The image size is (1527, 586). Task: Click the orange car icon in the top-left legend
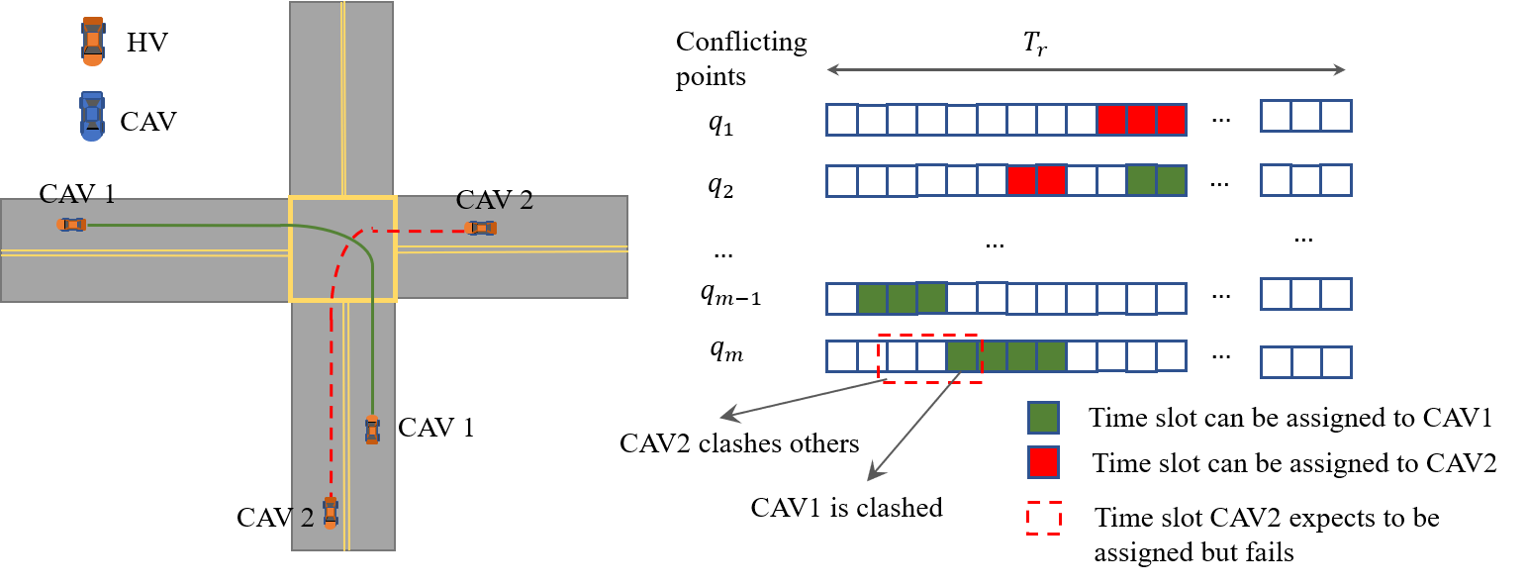click(92, 42)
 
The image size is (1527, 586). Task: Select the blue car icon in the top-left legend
click(92, 116)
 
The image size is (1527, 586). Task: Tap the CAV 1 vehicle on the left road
click(72, 225)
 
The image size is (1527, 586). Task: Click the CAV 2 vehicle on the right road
click(481, 229)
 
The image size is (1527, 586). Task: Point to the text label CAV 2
click(494, 201)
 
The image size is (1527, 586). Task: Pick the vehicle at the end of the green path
click(372, 430)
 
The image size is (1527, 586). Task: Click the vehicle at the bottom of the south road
click(331, 512)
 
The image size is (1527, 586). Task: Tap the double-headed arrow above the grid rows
click(1086, 69)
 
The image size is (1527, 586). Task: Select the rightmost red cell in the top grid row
click(1171, 120)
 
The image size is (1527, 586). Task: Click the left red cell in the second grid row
click(1021, 180)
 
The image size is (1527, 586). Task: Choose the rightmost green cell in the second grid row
click(1171, 180)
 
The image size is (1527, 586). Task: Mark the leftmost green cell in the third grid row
click(872, 298)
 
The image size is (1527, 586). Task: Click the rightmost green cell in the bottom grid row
click(1051, 356)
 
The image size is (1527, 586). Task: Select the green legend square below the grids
click(1043, 418)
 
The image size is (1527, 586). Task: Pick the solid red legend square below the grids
click(1043, 462)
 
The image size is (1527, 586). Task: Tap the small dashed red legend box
click(1043, 518)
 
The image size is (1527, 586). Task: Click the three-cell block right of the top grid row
click(1305, 116)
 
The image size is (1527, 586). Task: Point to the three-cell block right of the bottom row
click(1305, 362)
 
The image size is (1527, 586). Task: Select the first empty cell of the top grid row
click(842, 120)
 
